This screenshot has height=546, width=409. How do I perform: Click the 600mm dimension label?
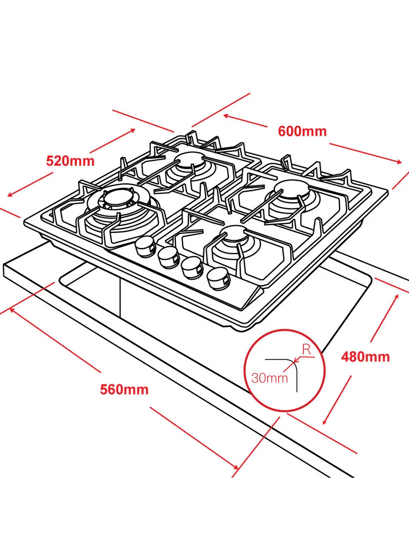[x=302, y=131]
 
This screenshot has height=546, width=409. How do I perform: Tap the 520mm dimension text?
[x=70, y=161]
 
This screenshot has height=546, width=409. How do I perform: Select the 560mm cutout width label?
[x=124, y=389]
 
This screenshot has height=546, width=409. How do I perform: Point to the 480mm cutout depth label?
[x=365, y=357]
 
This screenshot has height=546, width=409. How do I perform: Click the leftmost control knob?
[x=145, y=246]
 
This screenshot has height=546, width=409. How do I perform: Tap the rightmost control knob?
[x=217, y=279]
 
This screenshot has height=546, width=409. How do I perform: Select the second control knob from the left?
[x=168, y=257]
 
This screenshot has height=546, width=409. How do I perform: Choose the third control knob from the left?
[x=192, y=268]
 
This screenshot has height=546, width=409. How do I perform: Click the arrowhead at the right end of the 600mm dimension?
[x=399, y=162]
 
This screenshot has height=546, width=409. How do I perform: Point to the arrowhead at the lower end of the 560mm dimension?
[x=235, y=467]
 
